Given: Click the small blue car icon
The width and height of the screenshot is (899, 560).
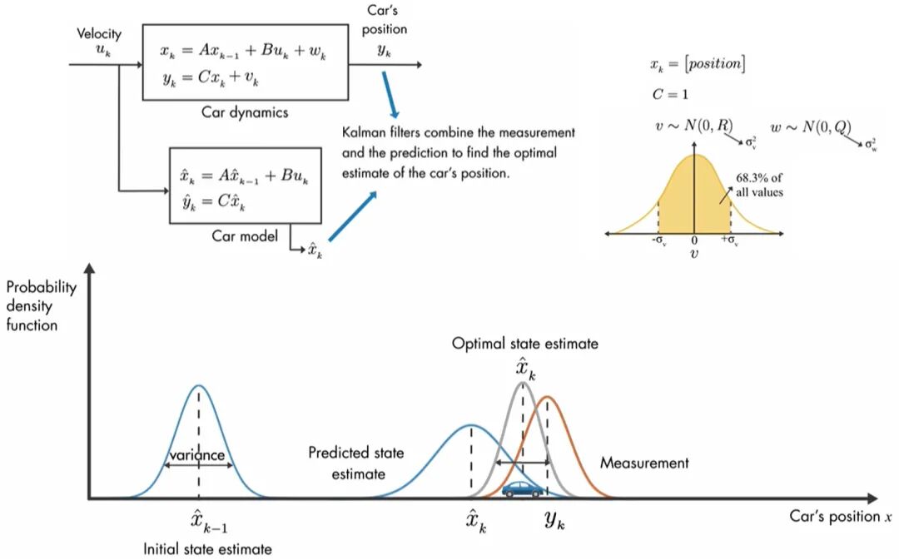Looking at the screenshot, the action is (523, 488).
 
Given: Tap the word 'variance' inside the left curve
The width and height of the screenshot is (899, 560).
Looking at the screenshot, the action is (197, 455).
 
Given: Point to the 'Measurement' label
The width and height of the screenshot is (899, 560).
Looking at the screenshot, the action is (644, 463).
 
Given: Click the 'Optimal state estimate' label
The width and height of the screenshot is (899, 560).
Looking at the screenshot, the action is (525, 343).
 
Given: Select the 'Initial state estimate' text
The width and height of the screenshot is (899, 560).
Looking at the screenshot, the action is (207, 548).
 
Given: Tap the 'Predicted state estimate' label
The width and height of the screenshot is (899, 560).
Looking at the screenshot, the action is (355, 463).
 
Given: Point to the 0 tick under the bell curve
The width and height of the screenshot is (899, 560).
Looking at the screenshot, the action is (693, 240).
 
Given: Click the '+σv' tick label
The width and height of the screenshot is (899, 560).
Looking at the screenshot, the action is (731, 241).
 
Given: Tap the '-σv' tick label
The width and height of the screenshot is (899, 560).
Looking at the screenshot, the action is (658, 241).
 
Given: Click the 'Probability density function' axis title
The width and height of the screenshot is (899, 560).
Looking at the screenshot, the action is (42, 305).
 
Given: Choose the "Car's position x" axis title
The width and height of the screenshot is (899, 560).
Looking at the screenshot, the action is (840, 516).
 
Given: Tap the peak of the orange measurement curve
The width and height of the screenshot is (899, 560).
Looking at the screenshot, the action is (548, 397).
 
